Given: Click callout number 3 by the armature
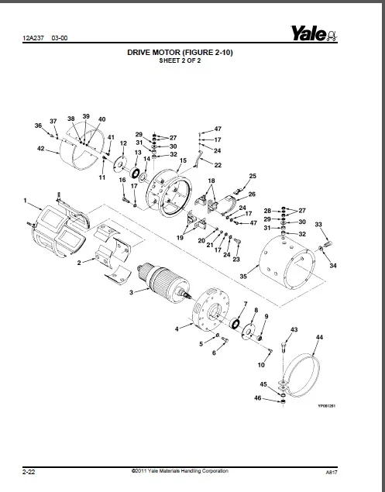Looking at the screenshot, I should click(x=132, y=292).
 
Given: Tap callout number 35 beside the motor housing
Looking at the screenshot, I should click(x=243, y=275).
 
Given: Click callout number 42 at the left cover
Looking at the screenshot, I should click(x=40, y=148).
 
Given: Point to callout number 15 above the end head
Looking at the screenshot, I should click(x=183, y=160).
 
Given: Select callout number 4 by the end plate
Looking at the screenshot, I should click(x=177, y=329).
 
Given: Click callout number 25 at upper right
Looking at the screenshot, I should click(x=252, y=177).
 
